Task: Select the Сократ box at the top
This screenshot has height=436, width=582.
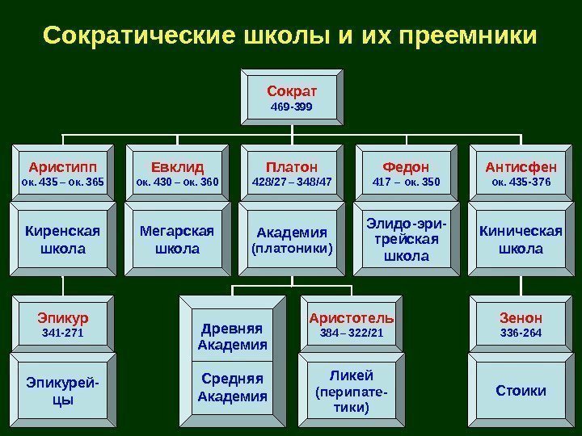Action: [292, 96]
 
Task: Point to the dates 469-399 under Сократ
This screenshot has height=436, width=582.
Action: [292, 107]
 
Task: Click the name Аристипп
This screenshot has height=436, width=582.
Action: [61, 167]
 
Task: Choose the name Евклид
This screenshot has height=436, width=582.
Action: [176, 167]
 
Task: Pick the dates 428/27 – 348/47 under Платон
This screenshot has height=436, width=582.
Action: [292, 182]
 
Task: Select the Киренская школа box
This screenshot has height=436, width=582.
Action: [61, 240]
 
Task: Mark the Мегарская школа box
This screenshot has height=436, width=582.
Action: [176, 240]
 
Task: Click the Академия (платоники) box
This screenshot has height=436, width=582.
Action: [292, 240]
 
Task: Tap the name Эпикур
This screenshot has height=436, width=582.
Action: [61, 317]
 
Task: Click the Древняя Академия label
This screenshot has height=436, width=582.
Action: [233, 337]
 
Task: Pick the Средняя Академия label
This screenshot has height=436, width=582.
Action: [233, 388]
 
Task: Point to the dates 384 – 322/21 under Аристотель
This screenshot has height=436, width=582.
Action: [352, 333]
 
